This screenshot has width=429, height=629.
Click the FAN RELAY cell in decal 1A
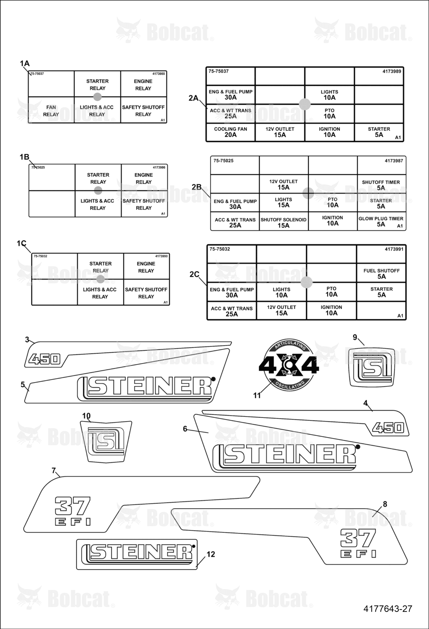[x=51, y=110]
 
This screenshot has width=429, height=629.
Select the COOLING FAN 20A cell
[x=231, y=132]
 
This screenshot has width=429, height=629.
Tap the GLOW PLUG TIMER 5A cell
[x=381, y=221]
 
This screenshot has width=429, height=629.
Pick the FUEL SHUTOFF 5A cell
[x=381, y=273]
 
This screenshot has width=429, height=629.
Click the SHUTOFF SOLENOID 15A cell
[x=284, y=221]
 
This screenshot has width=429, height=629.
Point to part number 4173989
[x=392, y=71]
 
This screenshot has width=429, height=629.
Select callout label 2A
[x=193, y=98]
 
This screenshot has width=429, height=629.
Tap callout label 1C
[x=21, y=243]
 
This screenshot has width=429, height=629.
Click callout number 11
[x=257, y=395]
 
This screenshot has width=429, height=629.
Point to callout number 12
[x=211, y=554]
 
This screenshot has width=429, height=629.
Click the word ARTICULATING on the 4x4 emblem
[x=290, y=345]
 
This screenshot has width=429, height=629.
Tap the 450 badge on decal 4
[x=388, y=428]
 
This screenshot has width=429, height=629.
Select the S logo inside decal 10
[x=106, y=442]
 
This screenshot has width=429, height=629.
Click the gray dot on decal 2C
[x=306, y=282]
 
